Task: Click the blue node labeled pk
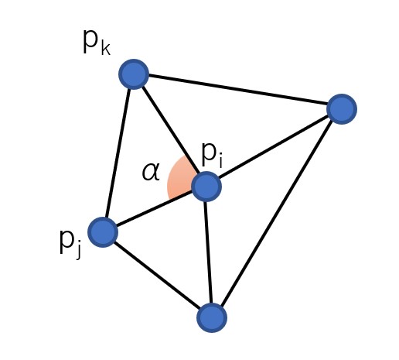click(134, 74)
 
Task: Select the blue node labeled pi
click(206, 187)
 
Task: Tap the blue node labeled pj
click(103, 232)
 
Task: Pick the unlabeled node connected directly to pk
click(342, 109)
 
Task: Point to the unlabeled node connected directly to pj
click(212, 317)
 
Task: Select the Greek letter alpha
click(151, 171)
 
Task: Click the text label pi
click(212, 155)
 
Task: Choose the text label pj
click(70, 244)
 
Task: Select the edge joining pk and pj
click(118, 153)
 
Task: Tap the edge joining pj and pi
click(155, 209)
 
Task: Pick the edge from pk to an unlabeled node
click(237, 90)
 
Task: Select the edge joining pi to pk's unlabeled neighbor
click(274, 148)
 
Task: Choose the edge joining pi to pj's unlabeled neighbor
click(208, 252)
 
